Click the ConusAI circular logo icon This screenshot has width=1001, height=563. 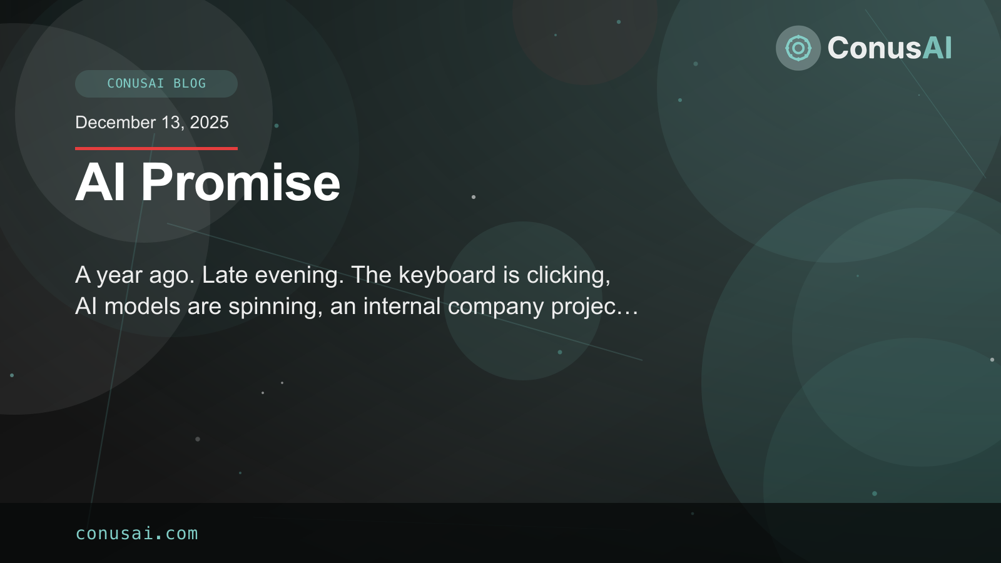798,48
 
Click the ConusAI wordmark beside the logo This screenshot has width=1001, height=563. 889,48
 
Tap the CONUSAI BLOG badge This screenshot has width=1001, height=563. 156,84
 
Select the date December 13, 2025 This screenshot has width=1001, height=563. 152,123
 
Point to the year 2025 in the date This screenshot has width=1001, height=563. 209,123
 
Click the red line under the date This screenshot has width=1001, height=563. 156,148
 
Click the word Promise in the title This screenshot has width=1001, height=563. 240,183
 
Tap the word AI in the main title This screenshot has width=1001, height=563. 100,183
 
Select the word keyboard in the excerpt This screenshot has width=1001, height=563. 447,275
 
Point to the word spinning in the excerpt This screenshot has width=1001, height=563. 275,307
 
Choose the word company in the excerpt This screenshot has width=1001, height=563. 495,307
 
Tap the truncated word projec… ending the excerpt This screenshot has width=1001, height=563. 594,307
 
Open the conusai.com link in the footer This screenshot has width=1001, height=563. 136,534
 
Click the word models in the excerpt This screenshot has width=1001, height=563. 142,307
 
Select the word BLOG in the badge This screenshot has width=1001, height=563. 190,84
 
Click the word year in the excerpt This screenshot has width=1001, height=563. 119,275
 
